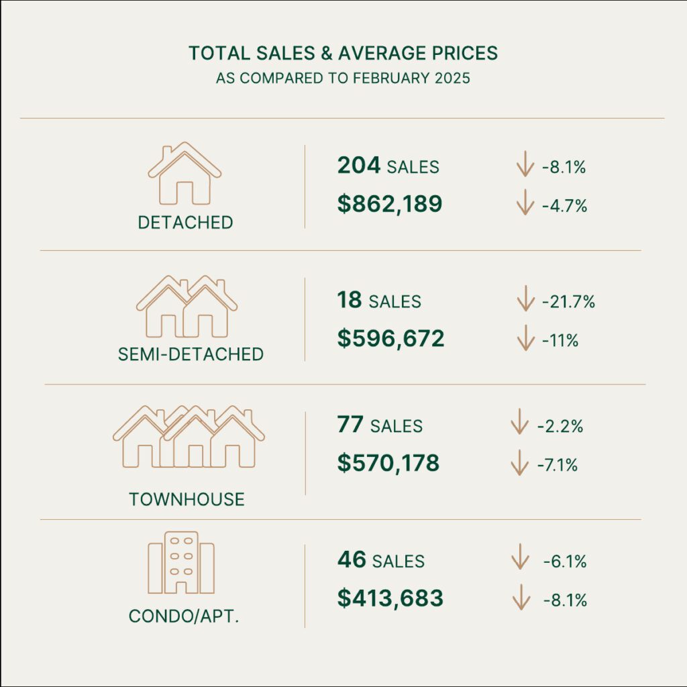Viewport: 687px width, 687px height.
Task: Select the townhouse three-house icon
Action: click(x=189, y=437)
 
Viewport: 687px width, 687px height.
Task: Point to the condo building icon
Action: click(x=181, y=563)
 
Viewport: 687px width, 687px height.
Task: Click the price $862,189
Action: click(x=390, y=204)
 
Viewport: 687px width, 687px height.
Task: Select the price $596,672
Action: click(x=390, y=338)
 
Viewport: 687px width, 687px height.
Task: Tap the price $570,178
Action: click(x=388, y=462)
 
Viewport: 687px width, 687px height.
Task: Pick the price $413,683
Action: click(x=390, y=597)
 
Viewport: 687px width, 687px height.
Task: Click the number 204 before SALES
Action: click(x=358, y=165)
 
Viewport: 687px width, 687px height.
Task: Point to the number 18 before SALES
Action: click(x=349, y=300)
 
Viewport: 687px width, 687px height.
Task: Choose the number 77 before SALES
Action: click(x=350, y=424)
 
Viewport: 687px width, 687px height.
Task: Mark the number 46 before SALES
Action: click(x=351, y=559)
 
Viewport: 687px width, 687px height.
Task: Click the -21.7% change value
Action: click(x=568, y=302)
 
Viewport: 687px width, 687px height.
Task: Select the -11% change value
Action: click(x=560, y=340)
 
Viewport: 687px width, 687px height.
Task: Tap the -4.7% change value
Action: click(x=564, y=206)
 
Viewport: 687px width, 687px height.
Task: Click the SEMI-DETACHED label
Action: click(x=191, y=354)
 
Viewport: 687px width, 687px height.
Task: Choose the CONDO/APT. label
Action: click(x=184, y=615)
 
